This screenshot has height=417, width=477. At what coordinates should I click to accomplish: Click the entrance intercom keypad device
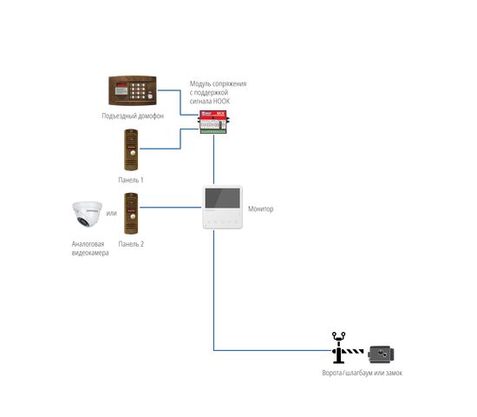click(x=133, y=90)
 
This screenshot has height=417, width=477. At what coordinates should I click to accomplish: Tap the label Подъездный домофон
click(x=133, y=116)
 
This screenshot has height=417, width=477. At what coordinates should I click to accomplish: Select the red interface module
click(x=213, y=122)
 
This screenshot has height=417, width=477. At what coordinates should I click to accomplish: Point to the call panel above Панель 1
click(x=131, y=150)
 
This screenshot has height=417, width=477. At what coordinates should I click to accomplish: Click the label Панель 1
click(x=131, y=180)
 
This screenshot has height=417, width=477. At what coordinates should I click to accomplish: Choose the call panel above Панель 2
click(x=131, y=214)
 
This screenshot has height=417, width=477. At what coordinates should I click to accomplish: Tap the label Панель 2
click(x=131, y=244)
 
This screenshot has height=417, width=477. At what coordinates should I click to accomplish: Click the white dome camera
click(x=87, y=214)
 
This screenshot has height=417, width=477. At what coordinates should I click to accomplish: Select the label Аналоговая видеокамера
click(x=90, y=248)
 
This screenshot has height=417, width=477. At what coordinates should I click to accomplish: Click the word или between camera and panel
click(x=111, y=213)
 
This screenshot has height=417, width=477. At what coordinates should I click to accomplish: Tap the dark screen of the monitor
click(x=222, y=198)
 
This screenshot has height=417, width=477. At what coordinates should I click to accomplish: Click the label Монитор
click(x=261, y=208)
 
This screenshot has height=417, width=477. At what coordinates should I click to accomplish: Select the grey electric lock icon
click(x=381, y=354)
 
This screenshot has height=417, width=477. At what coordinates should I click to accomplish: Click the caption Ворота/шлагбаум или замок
click(x=362, y=373)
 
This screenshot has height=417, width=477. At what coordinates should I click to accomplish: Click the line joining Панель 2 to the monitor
click(x=170, y=208)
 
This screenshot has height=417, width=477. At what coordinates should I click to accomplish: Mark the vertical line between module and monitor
click(x=213, y=160)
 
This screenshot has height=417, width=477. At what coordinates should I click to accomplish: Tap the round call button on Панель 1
click(x=133, y=153)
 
